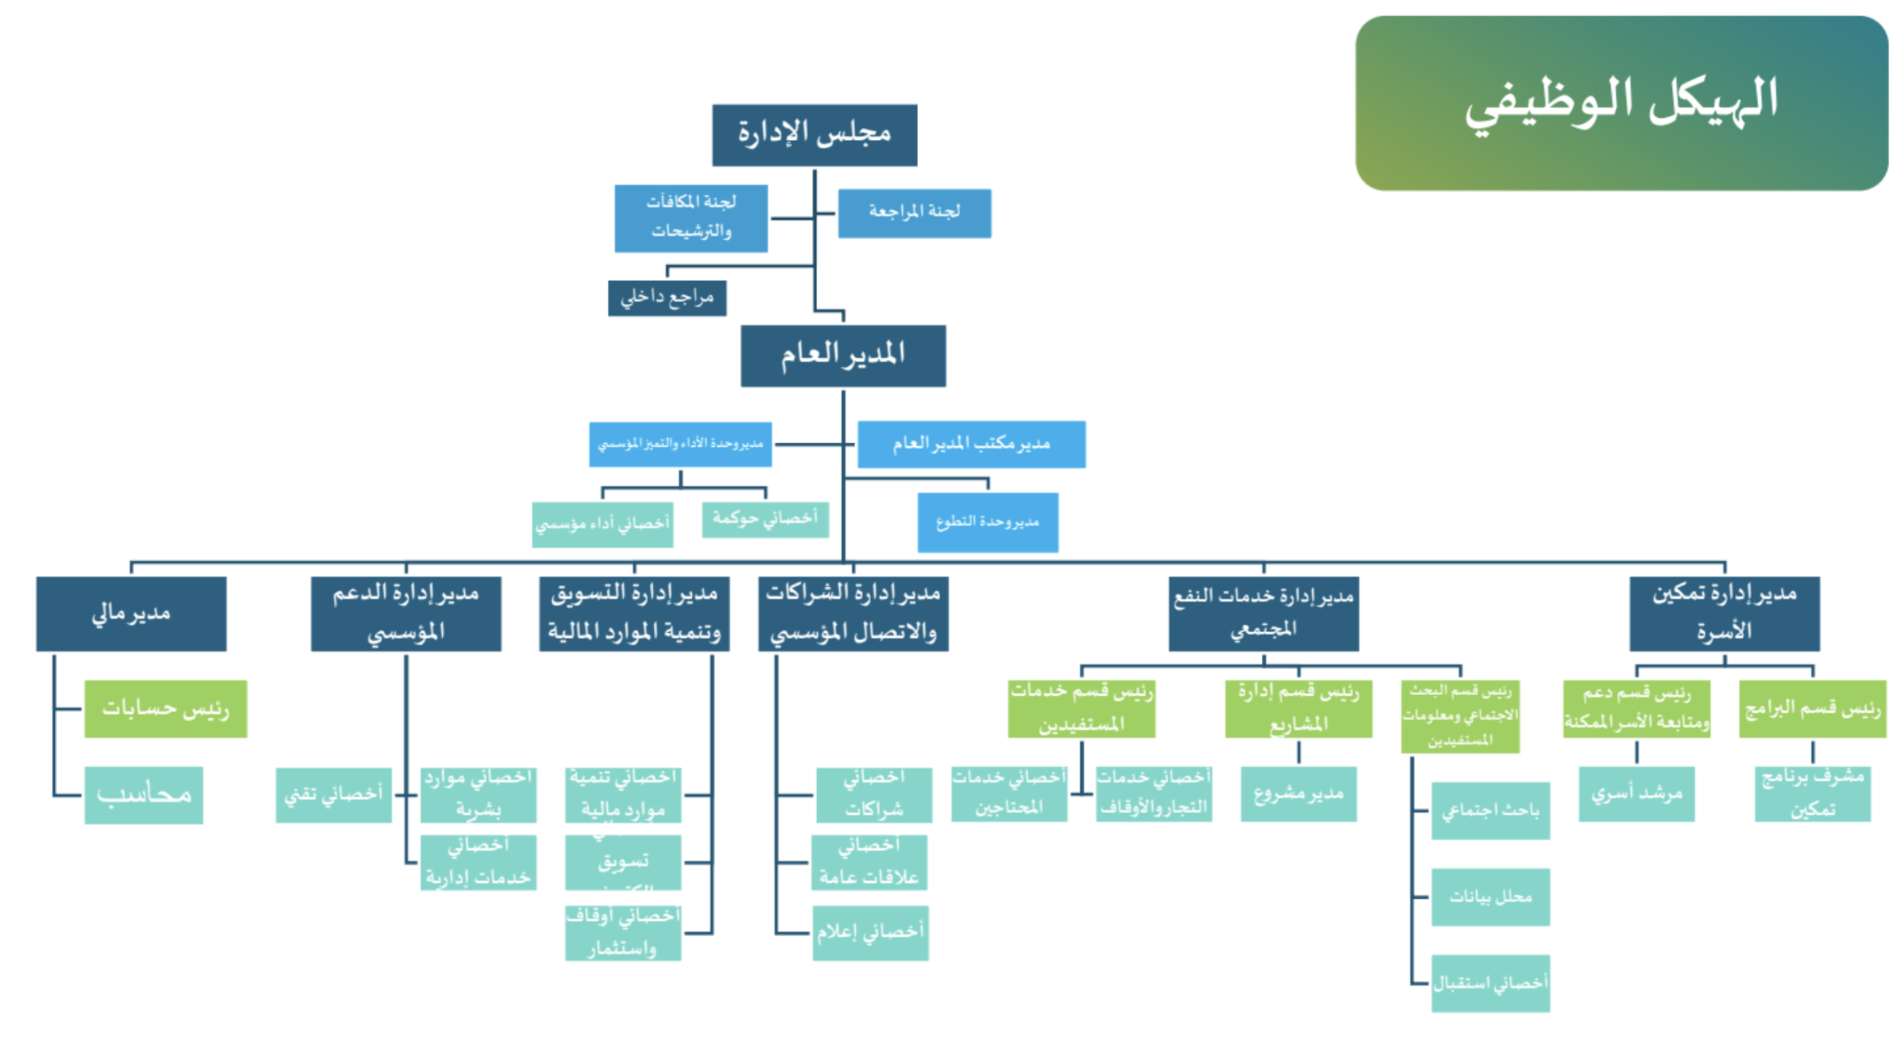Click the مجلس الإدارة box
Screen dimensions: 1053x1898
tap(814, 135)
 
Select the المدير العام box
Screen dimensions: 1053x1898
tap(842, 355)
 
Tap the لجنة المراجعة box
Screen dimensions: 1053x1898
tap(913, 213)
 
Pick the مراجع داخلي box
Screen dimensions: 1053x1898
tap(667, 297)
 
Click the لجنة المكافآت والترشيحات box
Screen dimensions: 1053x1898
tap(690, 218)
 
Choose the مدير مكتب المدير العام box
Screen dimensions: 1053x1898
tap(971, 444)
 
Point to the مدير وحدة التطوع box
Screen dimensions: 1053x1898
tap(987, 522)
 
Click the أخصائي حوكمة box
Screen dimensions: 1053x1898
tap(764, 519)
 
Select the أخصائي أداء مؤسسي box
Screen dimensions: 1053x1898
tap(602, 524)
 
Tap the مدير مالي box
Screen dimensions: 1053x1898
tap(131, 614)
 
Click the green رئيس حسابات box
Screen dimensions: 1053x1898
tap(165, 708)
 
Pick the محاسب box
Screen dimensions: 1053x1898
tap(143, 794)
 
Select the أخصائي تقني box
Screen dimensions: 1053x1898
tap(333, 794)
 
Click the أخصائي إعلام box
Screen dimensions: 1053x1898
tap(870, 932)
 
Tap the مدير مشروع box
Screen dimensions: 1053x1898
tap(1297, 794)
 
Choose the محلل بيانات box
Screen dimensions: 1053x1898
tap(1489, 897)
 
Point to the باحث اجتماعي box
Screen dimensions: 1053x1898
tap(1489, 810)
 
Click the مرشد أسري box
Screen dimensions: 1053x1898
tap(1636, 794)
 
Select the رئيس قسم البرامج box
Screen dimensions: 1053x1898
tap(1811, 708)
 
